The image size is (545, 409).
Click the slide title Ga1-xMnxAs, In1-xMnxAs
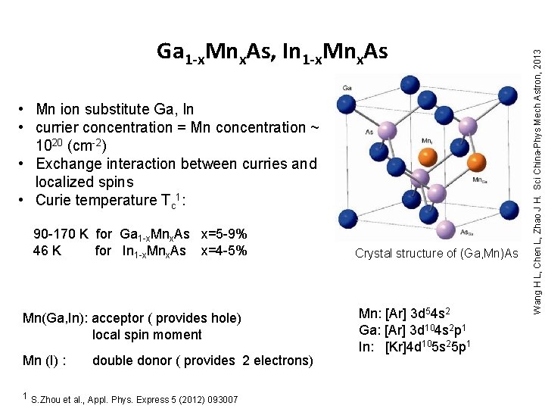(272, 52)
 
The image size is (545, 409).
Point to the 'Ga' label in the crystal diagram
(347, 88)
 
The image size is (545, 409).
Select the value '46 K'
(47, 251)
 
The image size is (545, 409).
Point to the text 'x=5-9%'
(224, 235)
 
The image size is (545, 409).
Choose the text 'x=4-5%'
(224, 251)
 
